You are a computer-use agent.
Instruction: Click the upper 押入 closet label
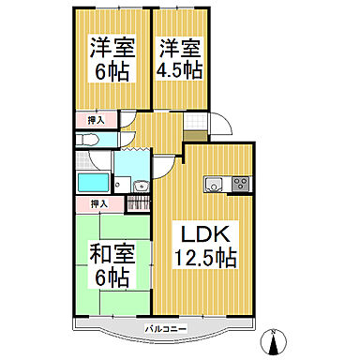coord(96,121)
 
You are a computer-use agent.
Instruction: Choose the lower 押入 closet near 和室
coord(99,202)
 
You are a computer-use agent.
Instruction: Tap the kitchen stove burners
coord(238,182)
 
